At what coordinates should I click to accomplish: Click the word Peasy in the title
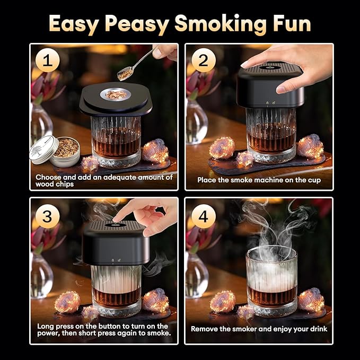(139, 24)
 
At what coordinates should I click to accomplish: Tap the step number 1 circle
(48, 62)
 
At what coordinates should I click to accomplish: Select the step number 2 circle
(203, 62)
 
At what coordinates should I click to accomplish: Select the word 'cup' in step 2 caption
(313, 180)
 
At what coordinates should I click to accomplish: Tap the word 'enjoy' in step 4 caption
(283, 329)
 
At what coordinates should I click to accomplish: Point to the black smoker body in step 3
(116, 244)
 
